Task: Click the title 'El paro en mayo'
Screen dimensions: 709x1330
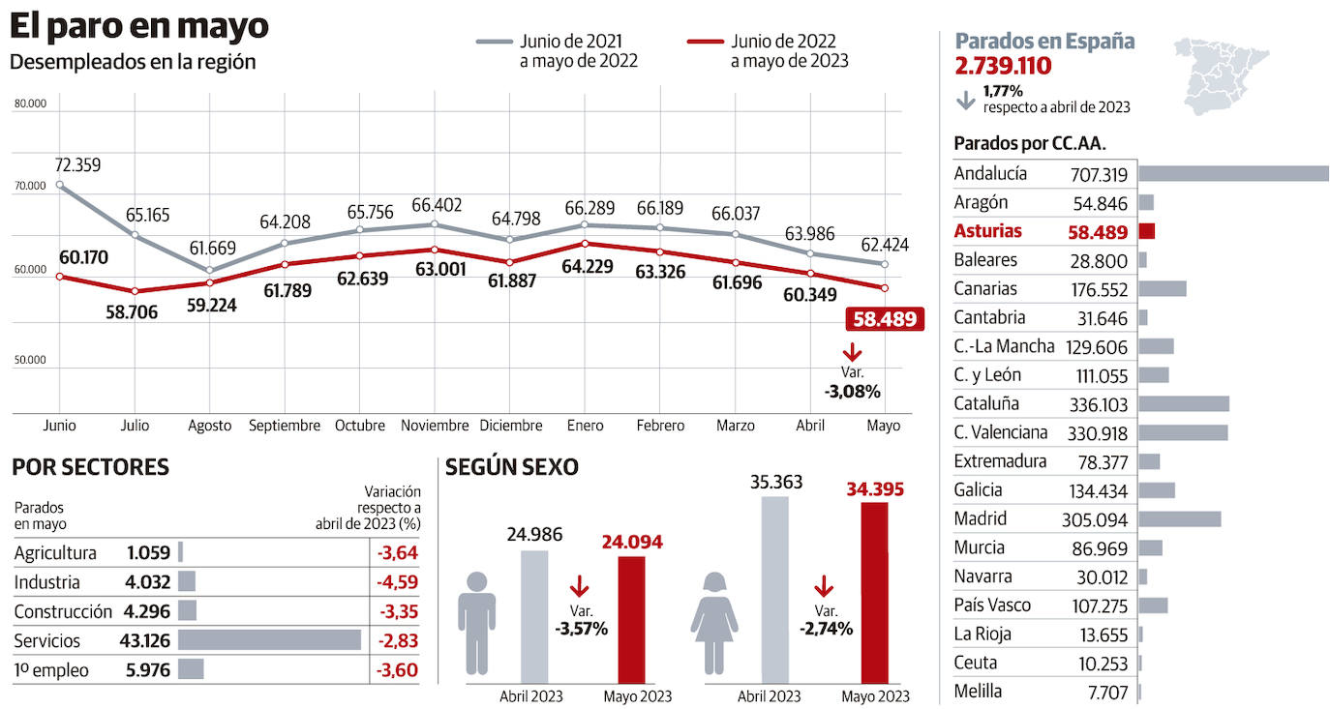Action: pyautogui.click(x=139, y=27)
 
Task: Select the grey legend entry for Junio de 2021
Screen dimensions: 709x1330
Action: pyautogui.click(x=557, y=51)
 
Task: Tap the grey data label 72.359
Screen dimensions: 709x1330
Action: pyautogui.click(x=77, y=165)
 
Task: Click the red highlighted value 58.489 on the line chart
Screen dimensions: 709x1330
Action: pyautogui.click(x=885, y=319)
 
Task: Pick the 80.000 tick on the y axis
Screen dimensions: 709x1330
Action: pyautogui.click(x=30, y=103)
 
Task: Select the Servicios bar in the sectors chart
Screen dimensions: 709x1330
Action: pyautogui.click(x=269, y=640)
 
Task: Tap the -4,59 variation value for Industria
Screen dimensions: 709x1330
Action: pyautogui.click(x=397, y=582)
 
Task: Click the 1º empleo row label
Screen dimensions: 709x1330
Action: pyautogui.click(x=51, y=669)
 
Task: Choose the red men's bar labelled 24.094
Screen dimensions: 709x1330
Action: pyautogui.click(x=631, y=619)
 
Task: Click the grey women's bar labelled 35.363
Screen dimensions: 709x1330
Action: pyautogui.click(x=774, y=590)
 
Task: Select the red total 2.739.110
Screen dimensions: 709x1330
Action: pyautogui.click(x=1003, y=66)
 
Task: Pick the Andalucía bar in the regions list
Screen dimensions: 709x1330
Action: pyautogui.click(x=1233, y=174)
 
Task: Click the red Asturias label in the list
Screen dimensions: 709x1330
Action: pyautogui.click(x=987, y=231)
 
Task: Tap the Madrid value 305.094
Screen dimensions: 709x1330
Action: pyautogui.click(x=1094, y=519)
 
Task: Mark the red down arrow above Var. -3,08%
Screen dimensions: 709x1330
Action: pyautogui.click(x=853, y=353)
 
